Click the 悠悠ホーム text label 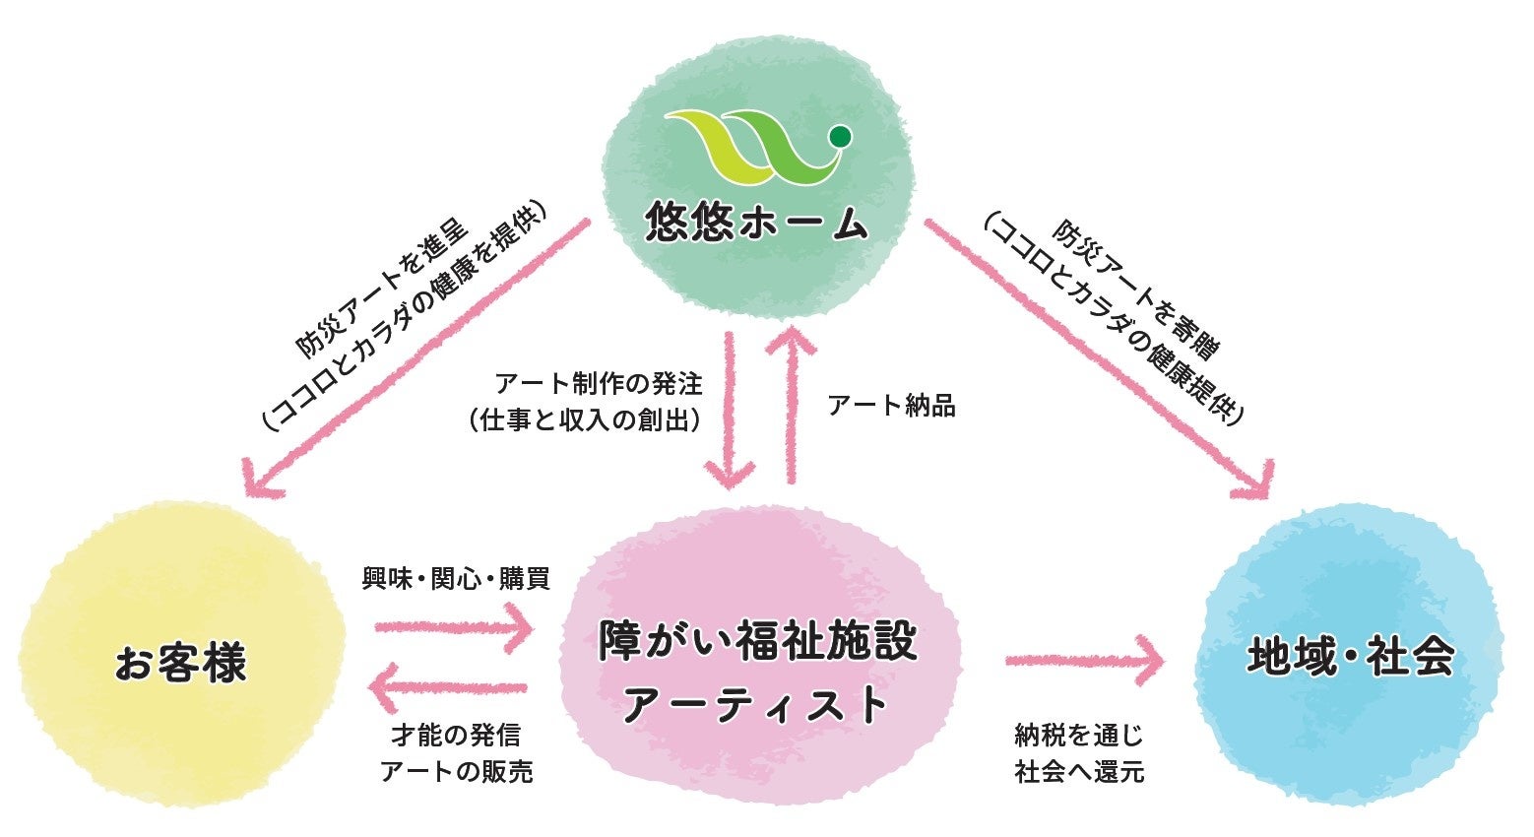[x=756, y=225]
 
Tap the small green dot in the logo [x=840, y=136]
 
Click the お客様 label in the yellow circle [x=180, y=662]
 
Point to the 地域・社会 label [x=1350, y=658]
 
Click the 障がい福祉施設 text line [x=758, y=641]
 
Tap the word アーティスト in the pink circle [x=758, y=705]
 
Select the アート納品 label [x=892, y=406]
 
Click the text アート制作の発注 [x=599, y=382]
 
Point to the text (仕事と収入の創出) [x=587, y=420]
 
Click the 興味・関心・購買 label [x=455, y=578]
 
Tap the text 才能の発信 [x=456, y=735]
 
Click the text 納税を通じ [x=1079, y=735]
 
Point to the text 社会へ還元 [x=1079, y=771]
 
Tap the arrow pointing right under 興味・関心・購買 [x=453, y=625]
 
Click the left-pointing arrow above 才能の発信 [x=453, y=687]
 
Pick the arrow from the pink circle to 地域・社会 [x=1084, y=660]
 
